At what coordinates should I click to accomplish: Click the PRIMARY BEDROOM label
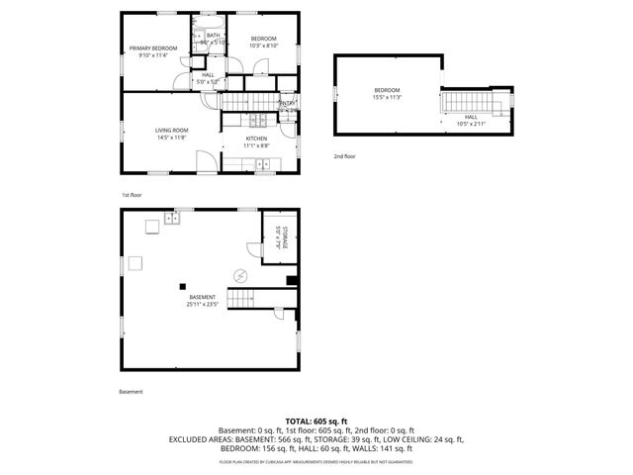[153, 48]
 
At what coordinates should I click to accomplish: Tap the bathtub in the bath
[214, 22]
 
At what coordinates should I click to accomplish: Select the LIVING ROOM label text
[171, 130]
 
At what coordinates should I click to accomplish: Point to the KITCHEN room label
[256, 139]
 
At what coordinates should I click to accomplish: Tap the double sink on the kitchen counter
[264, 162]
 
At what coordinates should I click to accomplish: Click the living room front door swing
[206, 159]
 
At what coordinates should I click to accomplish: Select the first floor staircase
[246, 103]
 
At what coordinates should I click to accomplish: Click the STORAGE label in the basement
[282, 238]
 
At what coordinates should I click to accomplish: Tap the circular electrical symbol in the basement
[238, 274]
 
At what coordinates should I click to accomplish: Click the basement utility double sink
[171, 223]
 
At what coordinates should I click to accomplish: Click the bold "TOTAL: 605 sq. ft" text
[316, 422]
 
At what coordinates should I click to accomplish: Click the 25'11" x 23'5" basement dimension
[202, 304]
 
